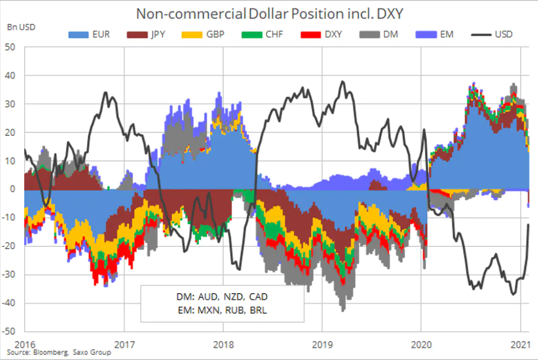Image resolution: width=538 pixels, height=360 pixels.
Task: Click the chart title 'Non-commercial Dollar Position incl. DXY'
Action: pos(269,14)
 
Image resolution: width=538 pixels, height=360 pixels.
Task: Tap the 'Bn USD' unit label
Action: pos(21,27)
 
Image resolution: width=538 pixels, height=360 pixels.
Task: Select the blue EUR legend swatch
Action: pos(78,35)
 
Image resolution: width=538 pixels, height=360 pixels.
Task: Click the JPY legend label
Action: pos(158,35)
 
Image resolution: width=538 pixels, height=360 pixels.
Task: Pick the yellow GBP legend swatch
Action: pos(192,35)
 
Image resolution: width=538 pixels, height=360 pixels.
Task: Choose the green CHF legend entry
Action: pos(262,35)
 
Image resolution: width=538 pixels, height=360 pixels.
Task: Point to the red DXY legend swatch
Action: pos(311,35)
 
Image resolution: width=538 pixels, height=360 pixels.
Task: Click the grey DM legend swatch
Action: pos(370,35)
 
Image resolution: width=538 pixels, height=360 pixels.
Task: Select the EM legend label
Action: pos(446,35)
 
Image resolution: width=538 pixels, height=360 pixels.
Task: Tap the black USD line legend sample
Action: pos(481,35)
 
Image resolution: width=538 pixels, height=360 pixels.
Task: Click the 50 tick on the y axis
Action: pos(10,47)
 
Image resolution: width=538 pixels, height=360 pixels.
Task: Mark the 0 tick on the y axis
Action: pos(13,189)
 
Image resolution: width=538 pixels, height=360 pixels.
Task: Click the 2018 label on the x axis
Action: pos(224,344)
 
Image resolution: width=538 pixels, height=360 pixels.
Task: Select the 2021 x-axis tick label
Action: pos(521,344)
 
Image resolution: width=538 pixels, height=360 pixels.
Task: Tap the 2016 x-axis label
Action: pos(25,344)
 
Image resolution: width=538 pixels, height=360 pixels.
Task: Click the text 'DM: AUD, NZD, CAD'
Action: pos(222,296)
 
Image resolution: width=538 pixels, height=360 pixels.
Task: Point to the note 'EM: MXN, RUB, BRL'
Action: pos(222,310)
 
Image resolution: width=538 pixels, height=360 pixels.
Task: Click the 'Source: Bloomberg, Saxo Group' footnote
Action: pos(59,353)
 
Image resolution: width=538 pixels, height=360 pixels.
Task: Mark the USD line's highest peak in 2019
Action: pos(342,82)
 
